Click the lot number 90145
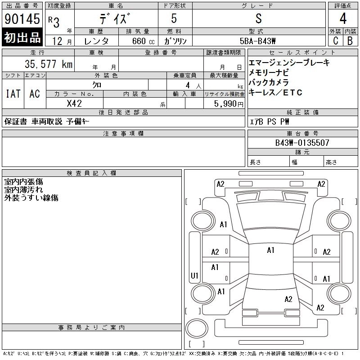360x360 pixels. pos(22,18)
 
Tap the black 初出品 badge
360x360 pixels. pos(22,37)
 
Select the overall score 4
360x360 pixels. pos(343,18)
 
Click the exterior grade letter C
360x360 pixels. pos(335,40)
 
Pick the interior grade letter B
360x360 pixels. pos(350,40)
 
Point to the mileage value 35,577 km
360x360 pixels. pos(49,64)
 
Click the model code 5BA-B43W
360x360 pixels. pos(257,41)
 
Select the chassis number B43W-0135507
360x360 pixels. pos(302,143)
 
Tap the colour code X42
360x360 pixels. pos(74,103)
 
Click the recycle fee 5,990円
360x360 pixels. pos(229,104)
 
